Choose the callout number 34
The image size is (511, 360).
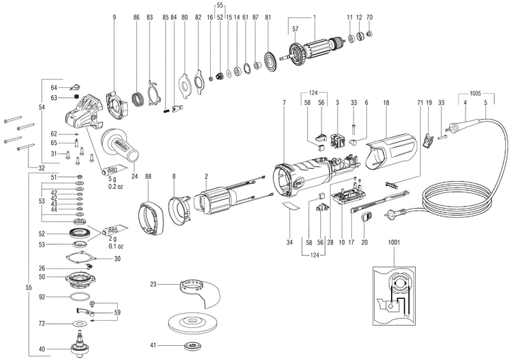point(289,242)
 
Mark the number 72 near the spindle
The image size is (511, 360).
point(42,324)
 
